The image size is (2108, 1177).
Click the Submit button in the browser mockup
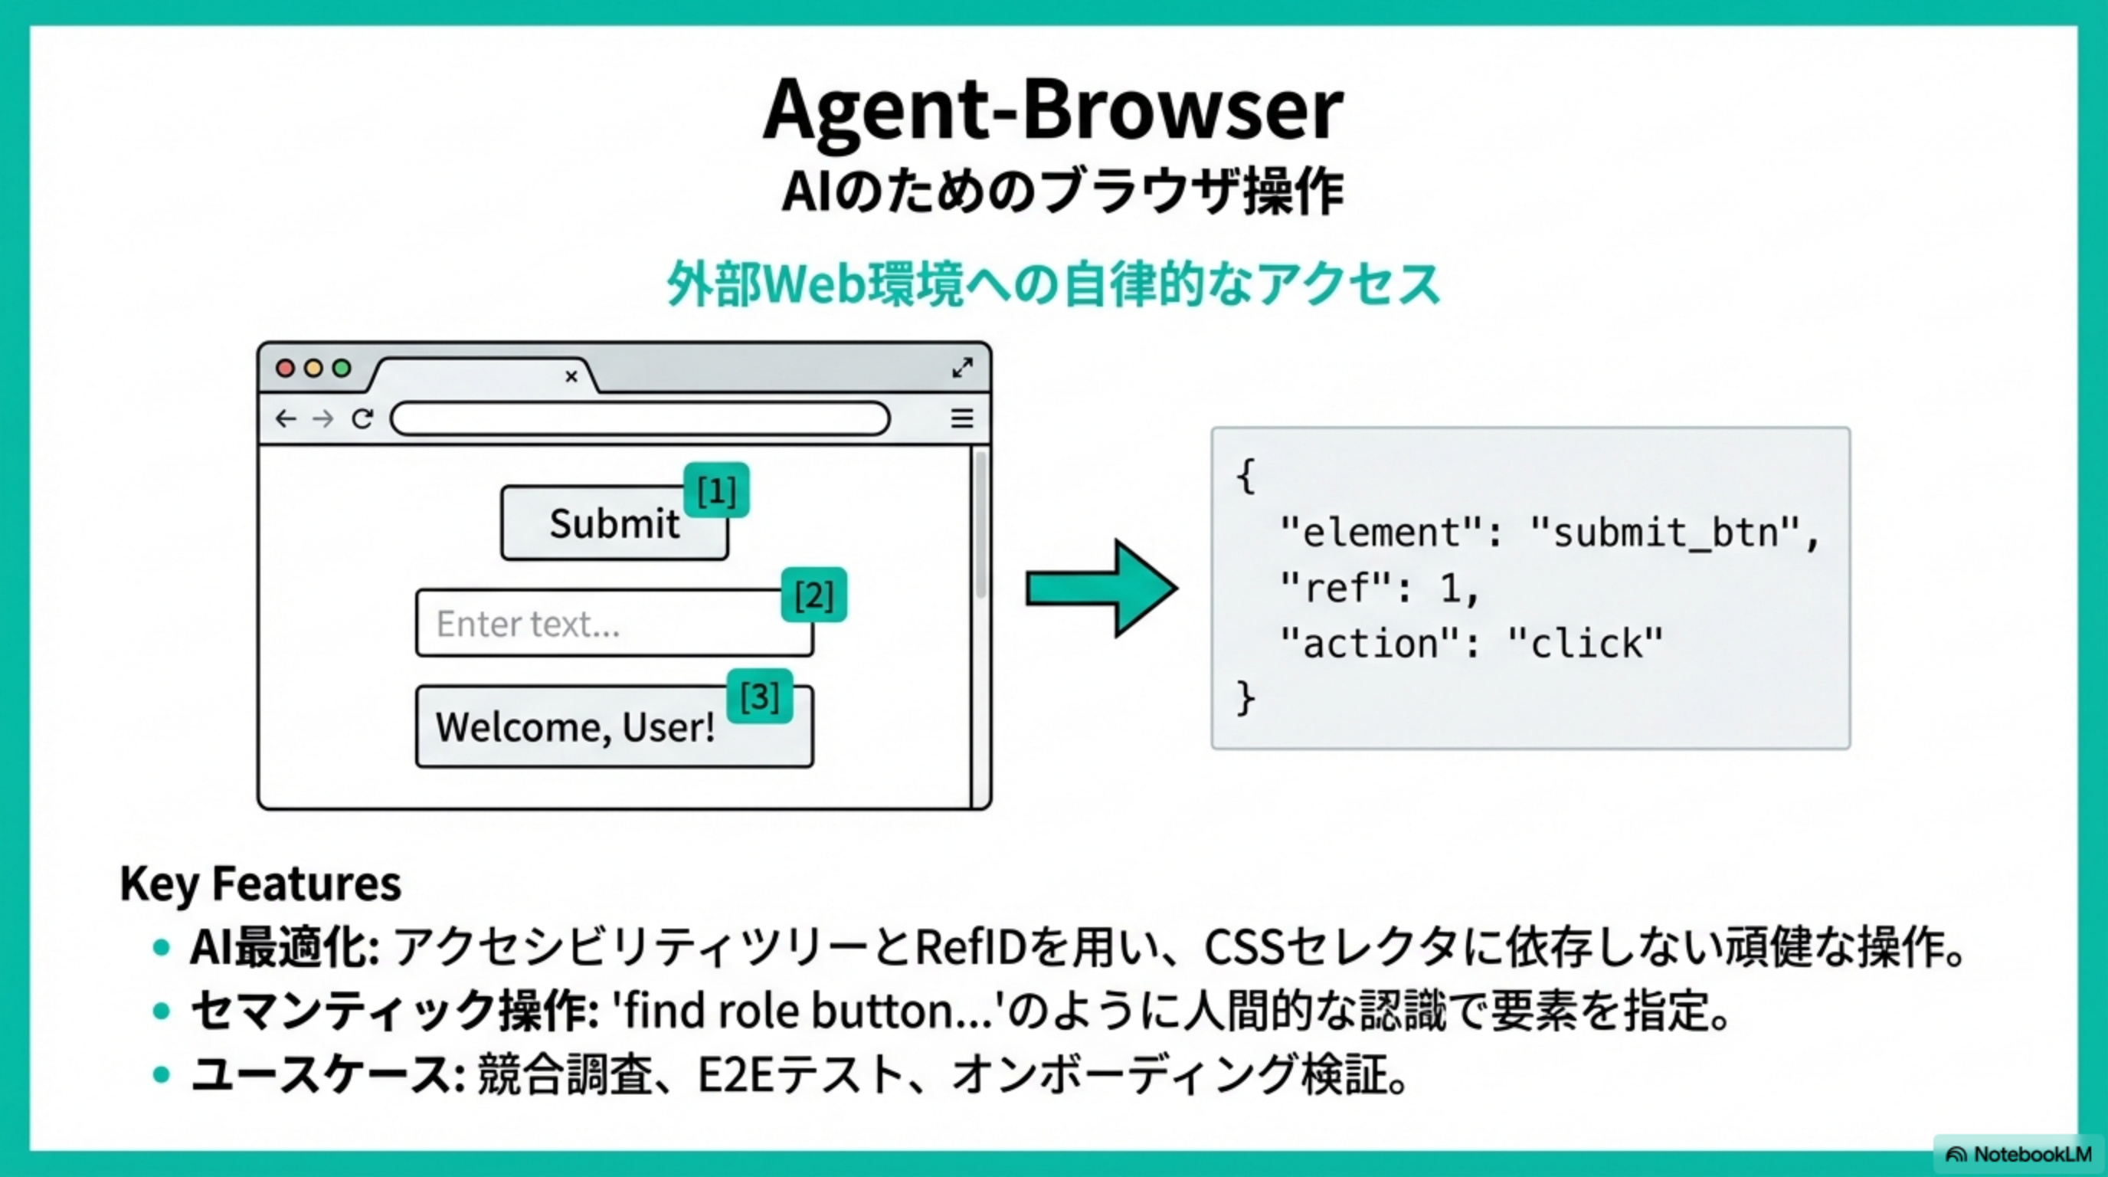[614, 524]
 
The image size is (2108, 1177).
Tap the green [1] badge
[716, 491]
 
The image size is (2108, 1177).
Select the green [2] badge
[813, 595]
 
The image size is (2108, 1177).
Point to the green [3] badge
[759, 697]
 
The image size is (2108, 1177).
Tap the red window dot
[285, 369]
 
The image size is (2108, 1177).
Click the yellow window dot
[313, 369]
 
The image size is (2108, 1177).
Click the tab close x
[571, 376]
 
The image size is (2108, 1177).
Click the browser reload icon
[362, 419]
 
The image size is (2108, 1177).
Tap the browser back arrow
[285, 419]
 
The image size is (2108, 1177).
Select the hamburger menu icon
[962, 419]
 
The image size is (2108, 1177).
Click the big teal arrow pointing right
[1101, 588]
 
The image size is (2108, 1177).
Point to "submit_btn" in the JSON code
[1664, 533]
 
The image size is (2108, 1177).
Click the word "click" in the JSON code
[1585, 644]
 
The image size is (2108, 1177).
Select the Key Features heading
[260, 884]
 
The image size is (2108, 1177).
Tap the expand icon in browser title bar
[962, 368]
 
